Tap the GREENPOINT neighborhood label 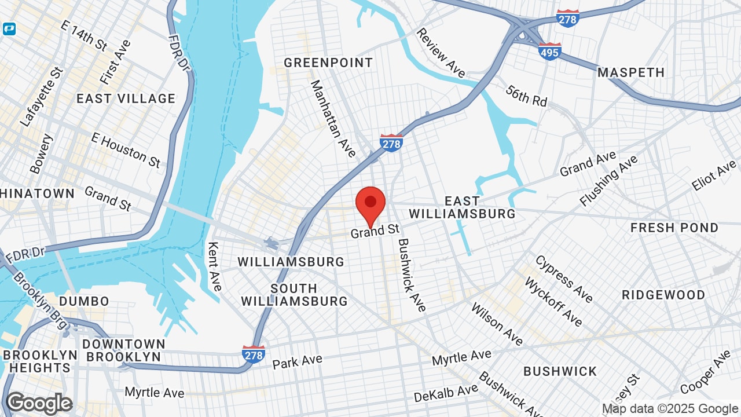point(328,63)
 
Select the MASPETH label point(631,72)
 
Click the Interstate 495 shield point(549,51)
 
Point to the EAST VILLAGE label point(126,98)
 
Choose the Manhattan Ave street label point(333,119)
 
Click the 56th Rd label point(526,96)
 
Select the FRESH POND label point(674,228)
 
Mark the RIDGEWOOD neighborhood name point(663,295)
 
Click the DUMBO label point(84,301)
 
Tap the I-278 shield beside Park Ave point(254,354)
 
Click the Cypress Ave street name point(564,279)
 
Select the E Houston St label point(126,150)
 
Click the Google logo point(39,404)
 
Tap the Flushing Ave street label point(608,180)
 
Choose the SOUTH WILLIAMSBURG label point(294,295)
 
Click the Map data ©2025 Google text point(670,409)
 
